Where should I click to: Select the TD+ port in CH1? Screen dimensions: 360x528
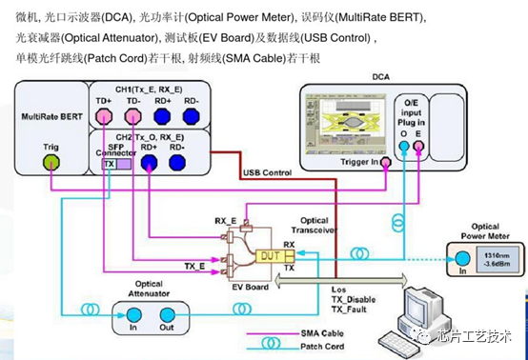[x=104, y=117]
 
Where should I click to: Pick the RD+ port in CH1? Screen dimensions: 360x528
[x=163, y=117]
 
